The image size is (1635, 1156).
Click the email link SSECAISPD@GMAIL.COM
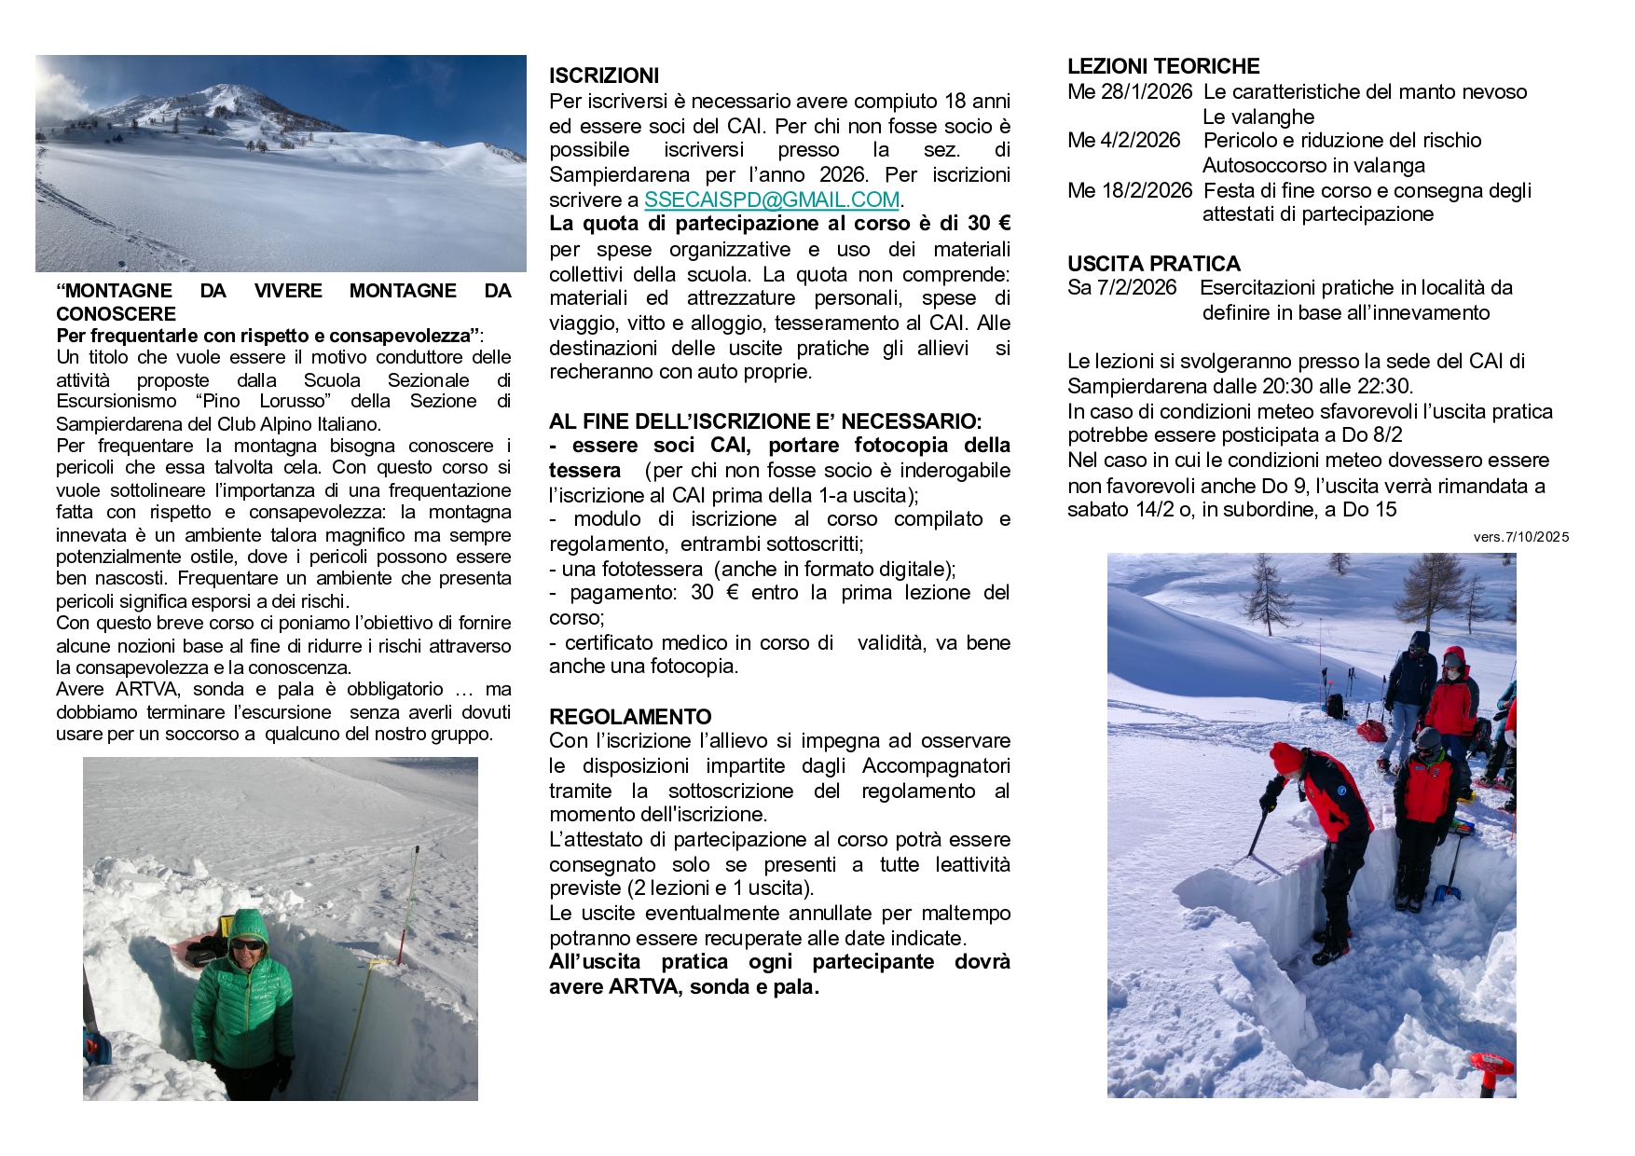point(772,200)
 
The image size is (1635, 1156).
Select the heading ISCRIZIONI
point(604,76)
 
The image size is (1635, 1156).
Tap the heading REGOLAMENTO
point(630,716)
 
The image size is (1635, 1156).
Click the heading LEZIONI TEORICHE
point(1163,66)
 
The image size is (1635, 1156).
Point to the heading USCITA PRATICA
point(1154,263)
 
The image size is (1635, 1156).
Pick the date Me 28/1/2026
point(1130,91)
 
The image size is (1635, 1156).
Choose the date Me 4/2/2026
point(1124,140)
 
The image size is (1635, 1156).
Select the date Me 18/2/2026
point(1130,190)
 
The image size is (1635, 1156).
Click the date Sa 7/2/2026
point(1122,287)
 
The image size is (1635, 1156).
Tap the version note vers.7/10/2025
point(1521,537)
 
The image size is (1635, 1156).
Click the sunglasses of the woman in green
point(247,944)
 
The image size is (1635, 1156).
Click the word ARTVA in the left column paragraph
point(143,689)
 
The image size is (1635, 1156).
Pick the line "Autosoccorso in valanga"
point(1313,165)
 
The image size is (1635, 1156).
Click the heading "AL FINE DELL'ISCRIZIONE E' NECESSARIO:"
point(765,420)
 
